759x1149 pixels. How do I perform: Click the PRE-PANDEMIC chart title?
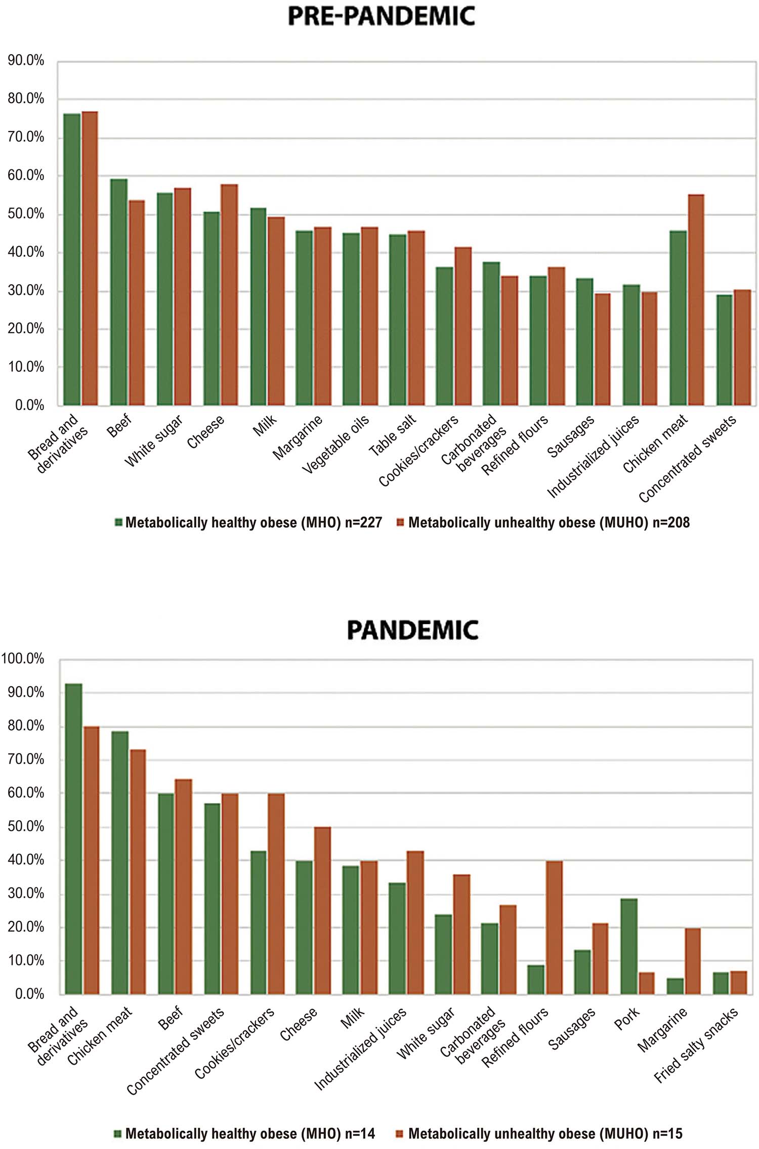[381, 16]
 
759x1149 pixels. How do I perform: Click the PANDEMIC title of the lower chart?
[412, 630]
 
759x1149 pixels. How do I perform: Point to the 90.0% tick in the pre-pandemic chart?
[26, 61]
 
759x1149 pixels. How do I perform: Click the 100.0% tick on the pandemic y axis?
[23, 658]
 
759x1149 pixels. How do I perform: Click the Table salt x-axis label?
[392, 435]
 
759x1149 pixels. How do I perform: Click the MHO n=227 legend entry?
[253, 522]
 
